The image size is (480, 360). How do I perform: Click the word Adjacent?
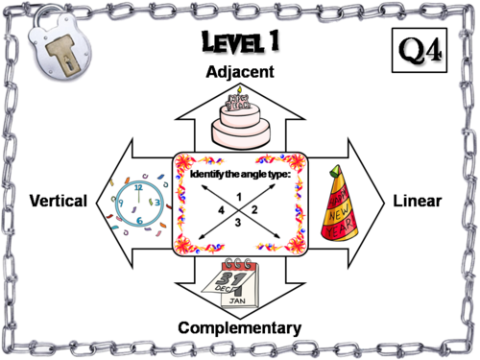pyautogui.click(x=240, y=71)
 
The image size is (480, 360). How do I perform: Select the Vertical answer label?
pyautogui.click(x=59, y=201)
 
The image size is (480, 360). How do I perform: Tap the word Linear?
pyautogui.click(x=417, y=201)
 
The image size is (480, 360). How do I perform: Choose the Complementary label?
pyautogui.click(x=239, y=328)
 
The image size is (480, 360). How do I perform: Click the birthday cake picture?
pyautogui.click(x=240, y=119)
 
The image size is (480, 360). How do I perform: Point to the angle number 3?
pyautogui.click(x=237, y=223)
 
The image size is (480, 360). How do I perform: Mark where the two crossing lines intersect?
pyautogui.click(x=237, y=210)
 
